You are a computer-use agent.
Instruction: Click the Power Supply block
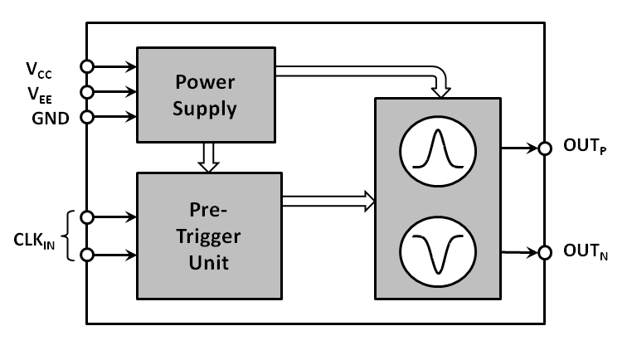click(x=205, y=95)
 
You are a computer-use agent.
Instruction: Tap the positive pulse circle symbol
click(x=438, y=151)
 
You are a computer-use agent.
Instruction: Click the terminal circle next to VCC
click(x=87, y=66)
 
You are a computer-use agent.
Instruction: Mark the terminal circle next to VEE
click(x=87, y=90)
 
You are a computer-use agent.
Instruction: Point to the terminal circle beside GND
click(x=87, y=116)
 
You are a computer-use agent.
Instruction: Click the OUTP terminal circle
click(x=544, y=149)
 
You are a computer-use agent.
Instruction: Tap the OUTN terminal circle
click(x=544, y=252)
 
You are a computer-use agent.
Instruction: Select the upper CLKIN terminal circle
click(x=87, y=217)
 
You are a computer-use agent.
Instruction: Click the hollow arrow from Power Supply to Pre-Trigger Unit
click(x=208, y=158)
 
